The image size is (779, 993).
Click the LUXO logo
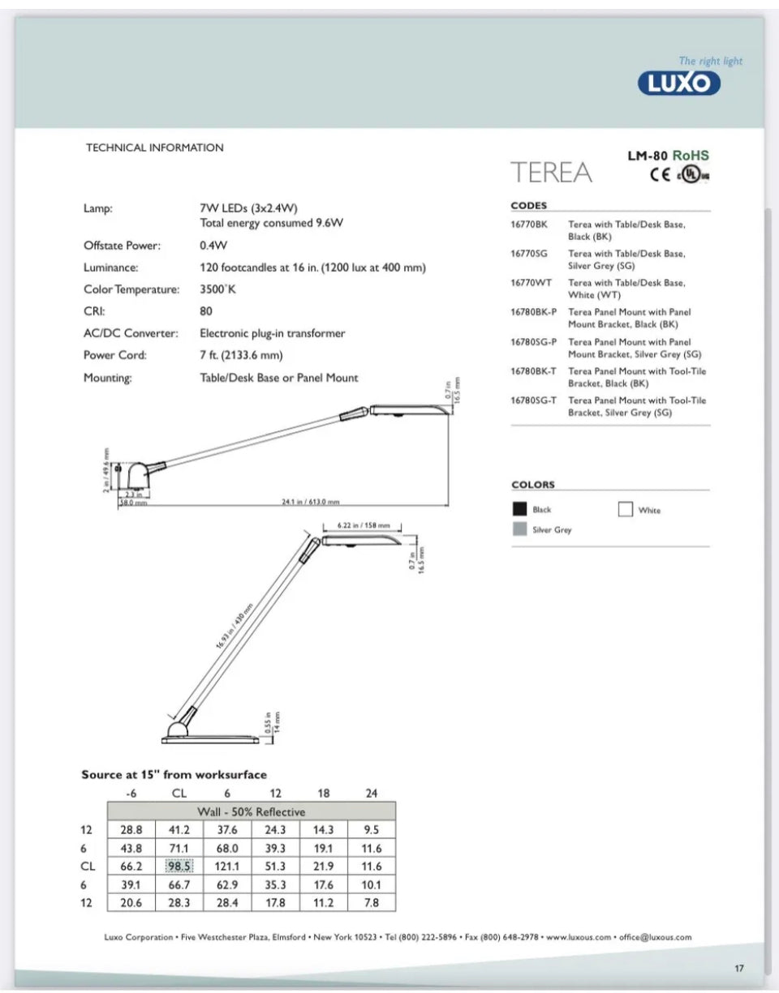pos(678,83)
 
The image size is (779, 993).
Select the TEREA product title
pos(551,173)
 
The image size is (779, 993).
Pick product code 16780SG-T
pos(533,400)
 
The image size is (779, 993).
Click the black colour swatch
pos(519,510)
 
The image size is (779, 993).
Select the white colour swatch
pos(625,510)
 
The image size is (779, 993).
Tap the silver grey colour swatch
pos(519,529)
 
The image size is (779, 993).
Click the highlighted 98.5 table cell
pos(179,866)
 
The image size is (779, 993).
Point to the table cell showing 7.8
pos(371,902)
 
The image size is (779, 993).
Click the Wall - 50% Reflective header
pos(252,811)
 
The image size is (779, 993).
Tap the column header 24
pos(371,794)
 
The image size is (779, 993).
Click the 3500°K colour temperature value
pos(217,289)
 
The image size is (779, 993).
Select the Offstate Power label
pos(122,245)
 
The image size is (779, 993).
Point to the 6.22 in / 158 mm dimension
pos(364,524)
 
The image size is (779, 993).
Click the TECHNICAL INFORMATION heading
pos(154,148)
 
